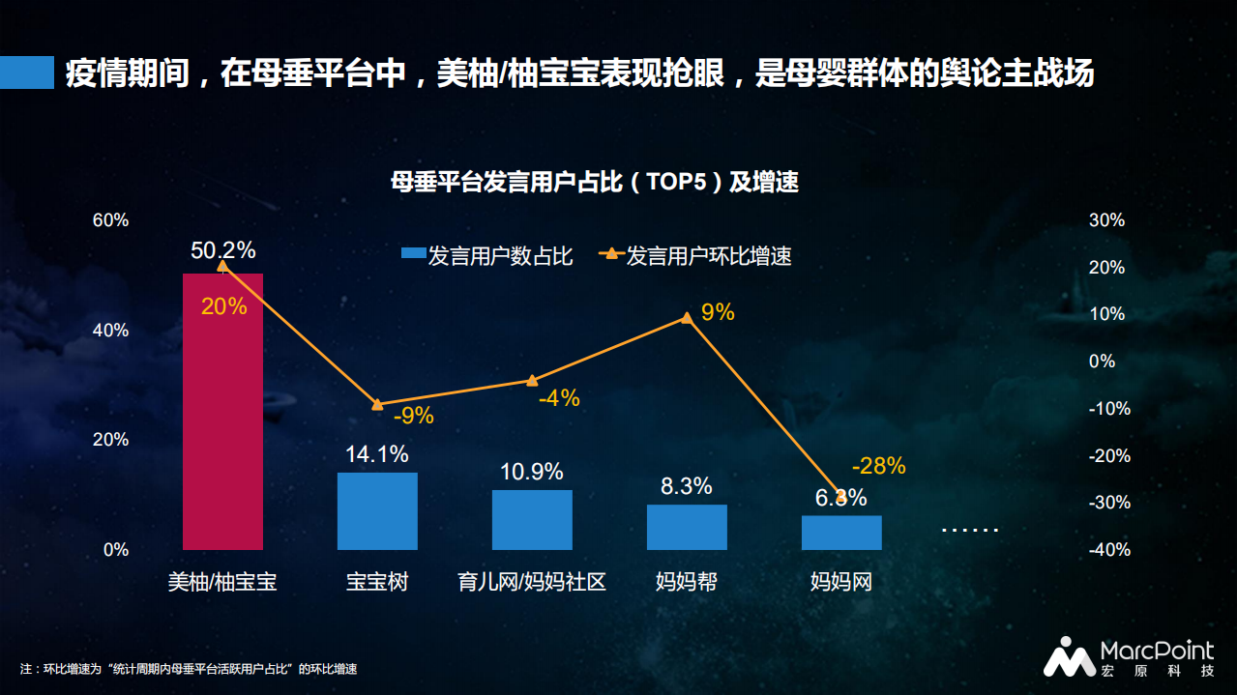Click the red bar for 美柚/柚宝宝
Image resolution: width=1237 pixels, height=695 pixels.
tap(222, 411)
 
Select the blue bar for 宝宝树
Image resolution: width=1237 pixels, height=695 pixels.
tap(377, 510)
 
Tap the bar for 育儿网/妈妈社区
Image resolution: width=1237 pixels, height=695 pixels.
tap(532, 519)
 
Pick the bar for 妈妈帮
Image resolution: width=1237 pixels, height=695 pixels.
tap(687, 527)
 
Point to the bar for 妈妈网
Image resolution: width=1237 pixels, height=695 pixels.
tap(841, 533)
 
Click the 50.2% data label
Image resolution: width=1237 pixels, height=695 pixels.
tap(223, 250)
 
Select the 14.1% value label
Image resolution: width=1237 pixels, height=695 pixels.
tap(377, 454)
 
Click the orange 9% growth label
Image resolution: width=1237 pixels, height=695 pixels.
tap(717, 312)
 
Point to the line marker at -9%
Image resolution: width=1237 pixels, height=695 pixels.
tap(377, 404)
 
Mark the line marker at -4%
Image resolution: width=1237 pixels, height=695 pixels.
tap(532, 381)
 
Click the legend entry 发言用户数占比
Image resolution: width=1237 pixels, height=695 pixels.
tap(487, 256)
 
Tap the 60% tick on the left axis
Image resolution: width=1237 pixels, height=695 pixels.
tap(110, 220)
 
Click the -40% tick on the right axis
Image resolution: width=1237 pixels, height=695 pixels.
tap(1108, 550)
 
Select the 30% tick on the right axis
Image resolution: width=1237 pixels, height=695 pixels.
tap(1107, 220)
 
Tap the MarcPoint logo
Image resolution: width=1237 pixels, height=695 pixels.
tap(1128, 657)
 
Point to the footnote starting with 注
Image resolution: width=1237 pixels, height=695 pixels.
tap(189, 669)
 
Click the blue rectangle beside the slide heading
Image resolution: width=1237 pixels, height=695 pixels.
tap(27, 72)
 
